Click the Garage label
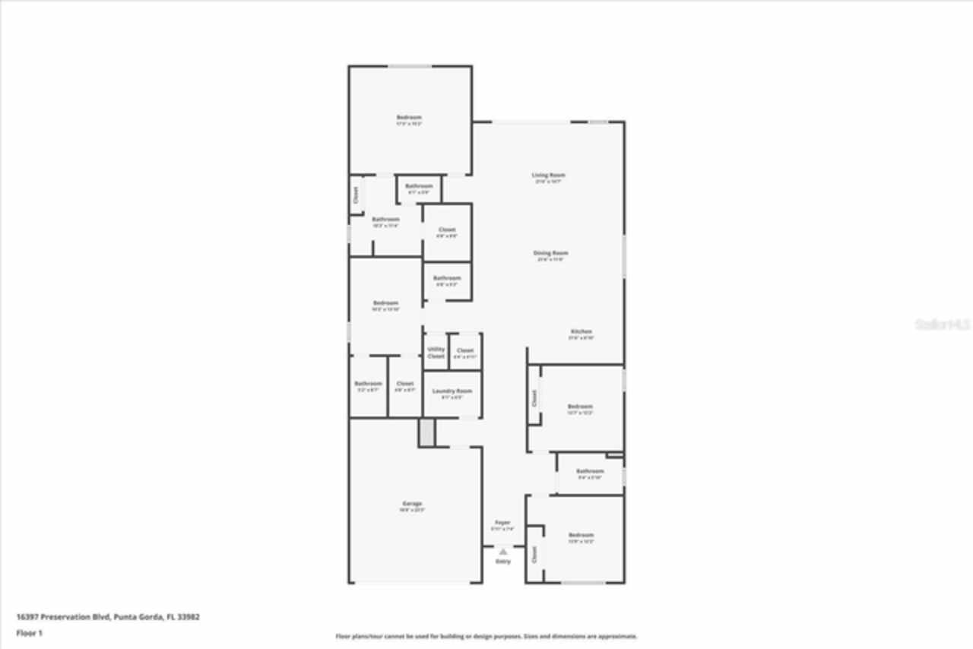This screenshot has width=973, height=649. coord(412,504)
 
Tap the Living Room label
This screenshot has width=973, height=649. coord(548,176)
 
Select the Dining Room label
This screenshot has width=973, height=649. coord(551,253)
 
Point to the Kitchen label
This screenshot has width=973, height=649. coord(582,332)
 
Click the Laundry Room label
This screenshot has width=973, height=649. coord(452,391)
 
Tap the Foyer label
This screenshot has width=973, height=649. coord(502,523)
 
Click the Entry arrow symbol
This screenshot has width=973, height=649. coord(502,552)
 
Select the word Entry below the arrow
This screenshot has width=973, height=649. coord(503,562)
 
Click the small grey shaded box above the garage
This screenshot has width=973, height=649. coord(426,432)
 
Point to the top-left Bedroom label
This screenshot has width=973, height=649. coord(409,118)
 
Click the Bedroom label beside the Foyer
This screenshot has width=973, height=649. coord(581,536)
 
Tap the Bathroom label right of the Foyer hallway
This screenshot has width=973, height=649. coord(589,471)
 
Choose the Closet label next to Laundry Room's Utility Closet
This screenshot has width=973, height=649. coord(465,351)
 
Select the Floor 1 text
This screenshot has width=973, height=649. coord(30,632)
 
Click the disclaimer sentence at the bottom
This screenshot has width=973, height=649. coord(486,636)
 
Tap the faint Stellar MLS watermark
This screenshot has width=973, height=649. coord(943,324)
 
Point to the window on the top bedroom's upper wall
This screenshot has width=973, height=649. coord(410,66)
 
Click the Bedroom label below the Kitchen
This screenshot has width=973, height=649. coord(580,407)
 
